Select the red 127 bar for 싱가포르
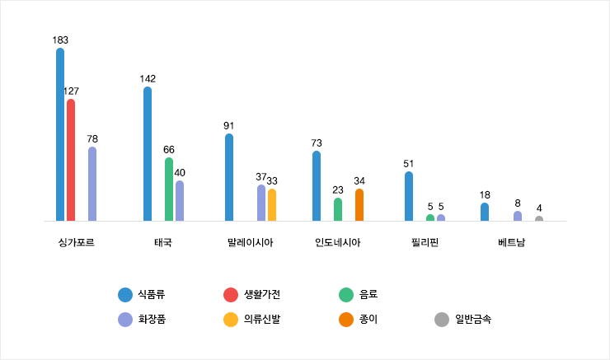[71, 160]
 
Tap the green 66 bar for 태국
[169, 189]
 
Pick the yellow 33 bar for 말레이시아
[272, 205]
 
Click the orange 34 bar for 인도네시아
[359, 205]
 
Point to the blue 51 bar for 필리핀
[409, 196]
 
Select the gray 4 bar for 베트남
[539, 219]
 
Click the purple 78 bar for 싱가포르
[92, 184]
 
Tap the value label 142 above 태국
[148, 79]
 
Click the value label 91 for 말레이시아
[229, 126]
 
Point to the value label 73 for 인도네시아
[317, 143]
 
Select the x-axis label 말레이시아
[250, 243]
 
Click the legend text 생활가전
[261, 294]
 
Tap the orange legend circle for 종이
[347, 319]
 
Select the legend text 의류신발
[261, 319]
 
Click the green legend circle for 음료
[347, 294]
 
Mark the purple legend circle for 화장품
[125, 319]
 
